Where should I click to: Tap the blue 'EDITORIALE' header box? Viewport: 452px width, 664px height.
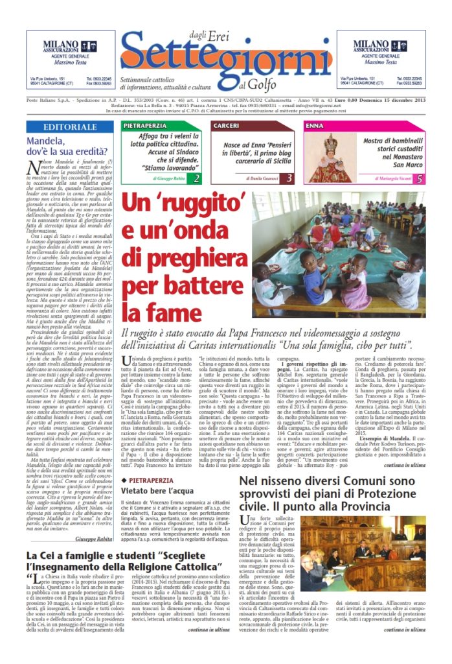(x=71, y=126)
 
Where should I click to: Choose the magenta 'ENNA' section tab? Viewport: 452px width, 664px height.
(x=315, y=124)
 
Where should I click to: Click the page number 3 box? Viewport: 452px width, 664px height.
(x=289, y=178)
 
